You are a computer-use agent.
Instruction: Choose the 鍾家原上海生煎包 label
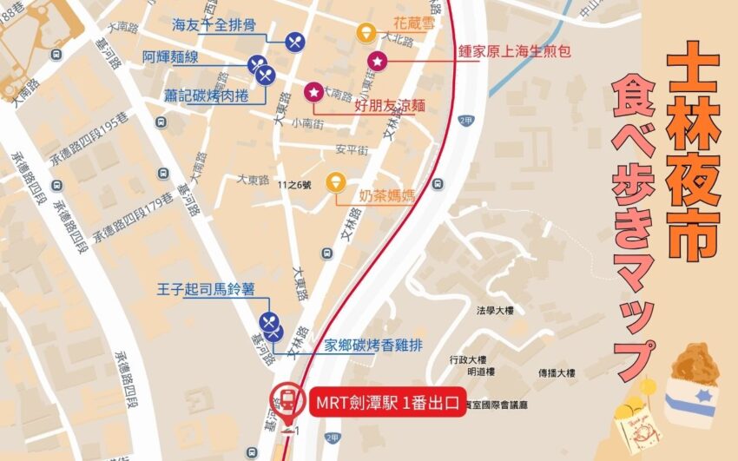click(x=513, y=51)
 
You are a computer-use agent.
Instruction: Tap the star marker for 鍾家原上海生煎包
click(x=378, y=62)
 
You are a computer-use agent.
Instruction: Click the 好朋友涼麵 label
click(x=391, y=105)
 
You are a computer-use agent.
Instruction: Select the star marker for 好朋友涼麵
click(x=313, y=91)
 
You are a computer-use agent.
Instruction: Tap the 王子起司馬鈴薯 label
click(x=207, y=287)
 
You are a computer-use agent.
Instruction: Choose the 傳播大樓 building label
click(x=556, y=373)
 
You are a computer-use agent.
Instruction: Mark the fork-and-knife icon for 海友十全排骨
click(x=294, y=40)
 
